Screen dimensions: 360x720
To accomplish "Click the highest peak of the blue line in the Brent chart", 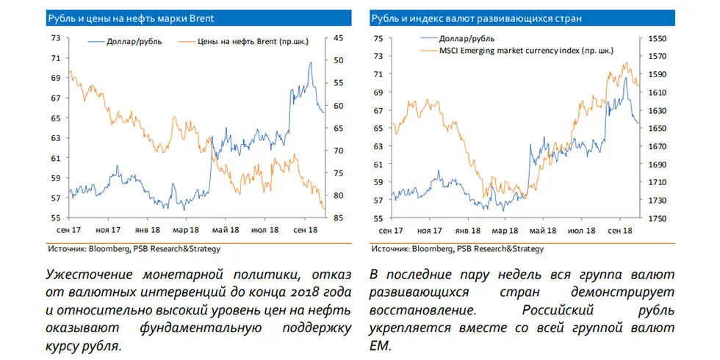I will pos(310,62).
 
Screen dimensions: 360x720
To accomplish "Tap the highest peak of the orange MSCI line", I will pos(626,63).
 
